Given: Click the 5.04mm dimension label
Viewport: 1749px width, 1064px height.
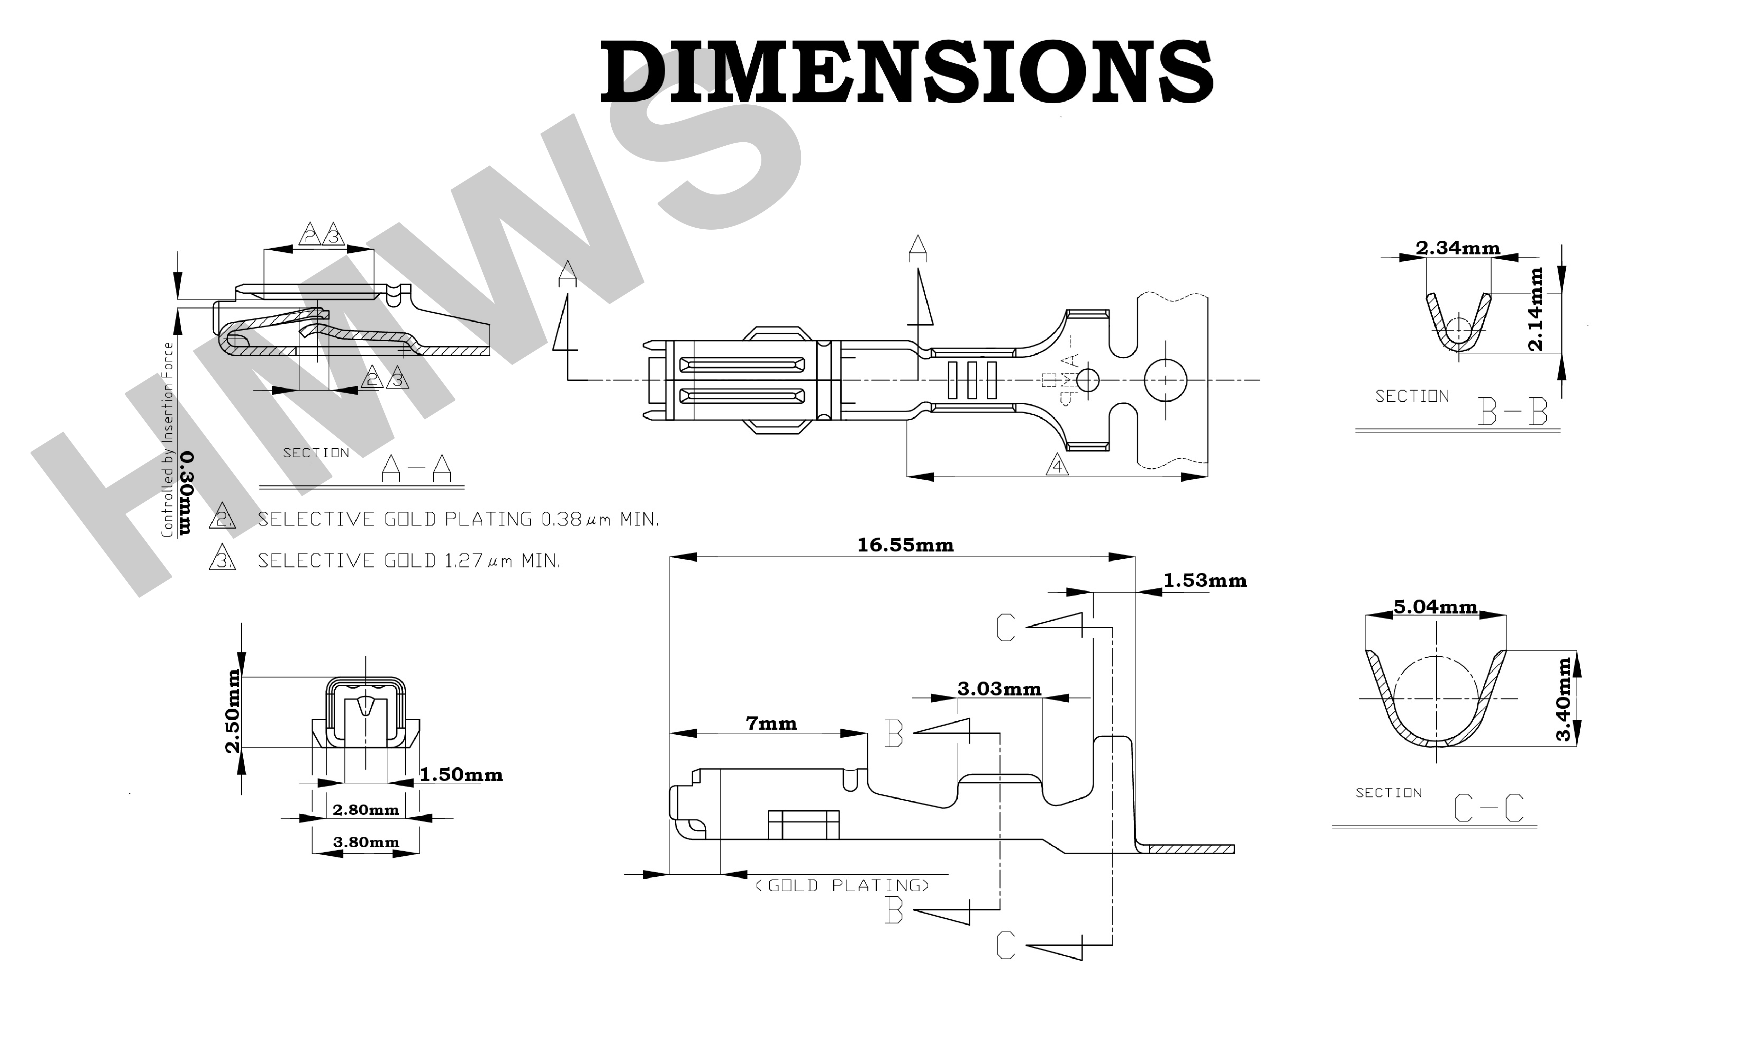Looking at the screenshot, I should [1435, 607].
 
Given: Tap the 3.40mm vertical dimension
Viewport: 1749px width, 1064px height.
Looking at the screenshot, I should [1564, 699].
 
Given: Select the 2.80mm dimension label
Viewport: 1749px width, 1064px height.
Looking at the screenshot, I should [365, 810].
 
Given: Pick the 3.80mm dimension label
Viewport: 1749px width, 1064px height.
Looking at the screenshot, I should [365, 842].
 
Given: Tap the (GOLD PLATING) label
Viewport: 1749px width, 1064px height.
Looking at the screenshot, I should [842, 885].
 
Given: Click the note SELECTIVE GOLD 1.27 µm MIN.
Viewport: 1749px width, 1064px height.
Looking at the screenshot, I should [408, 561].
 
